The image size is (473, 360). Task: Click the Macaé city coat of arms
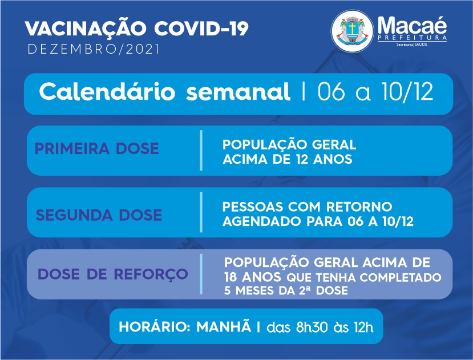point(352,31)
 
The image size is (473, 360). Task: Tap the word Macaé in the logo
point(412,25)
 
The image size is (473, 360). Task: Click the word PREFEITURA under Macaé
point(412,38)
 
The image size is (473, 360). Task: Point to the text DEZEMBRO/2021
point(93,49)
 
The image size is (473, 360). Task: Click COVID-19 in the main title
point(201,29)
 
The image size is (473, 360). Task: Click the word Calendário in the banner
point(107,91)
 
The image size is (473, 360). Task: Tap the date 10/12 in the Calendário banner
point(407,91)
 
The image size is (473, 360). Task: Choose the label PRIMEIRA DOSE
point(97,148)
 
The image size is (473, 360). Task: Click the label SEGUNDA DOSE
point(99,215)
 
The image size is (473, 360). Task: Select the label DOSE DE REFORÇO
point(113,274)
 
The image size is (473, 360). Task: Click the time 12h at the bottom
point(364,327)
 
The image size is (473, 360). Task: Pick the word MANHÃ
point(224,326)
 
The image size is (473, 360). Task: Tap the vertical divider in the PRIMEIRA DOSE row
point(201,150)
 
